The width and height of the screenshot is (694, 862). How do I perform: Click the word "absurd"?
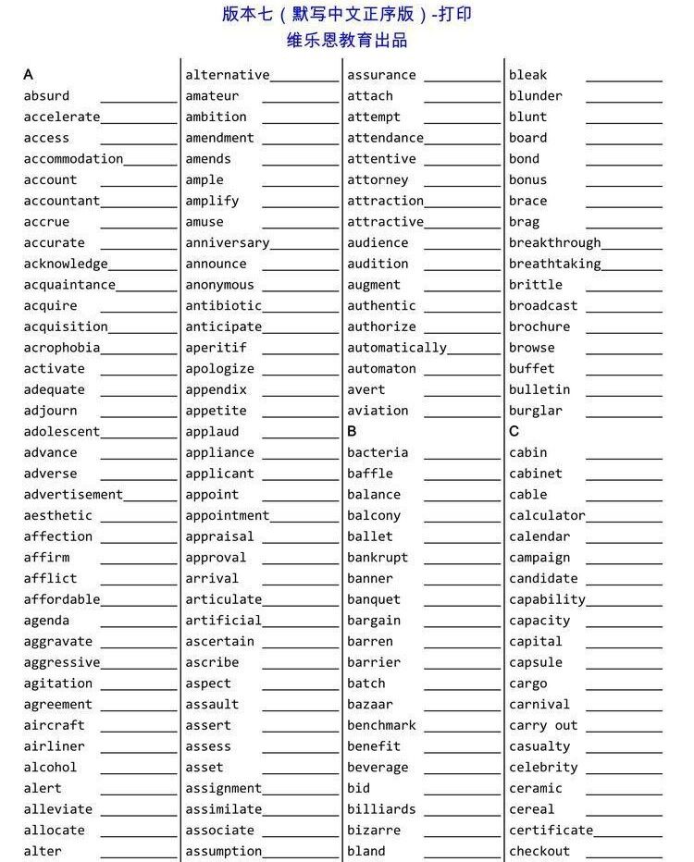pyautogui.click(x=46, y=96)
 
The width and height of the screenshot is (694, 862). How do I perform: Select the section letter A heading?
pyautogui.click(x=29, y=75)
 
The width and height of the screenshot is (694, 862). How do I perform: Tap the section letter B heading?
pyautogui.click(x=352, y=432)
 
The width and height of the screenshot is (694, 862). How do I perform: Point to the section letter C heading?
pyautogui.click(x=514, y=432)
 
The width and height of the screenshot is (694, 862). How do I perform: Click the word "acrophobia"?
pyautogui.click(x=62, y=348)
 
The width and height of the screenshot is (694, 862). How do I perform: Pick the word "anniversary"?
pyautogui.click(x=227, y=243)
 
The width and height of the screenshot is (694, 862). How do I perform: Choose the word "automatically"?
pyautogui.click(x=397, y=348)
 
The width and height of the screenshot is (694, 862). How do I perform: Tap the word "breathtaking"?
pyautogui.click(x=554, y=264)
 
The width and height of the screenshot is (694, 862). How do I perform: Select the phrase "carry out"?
pyautogui.click(x=543, y=726)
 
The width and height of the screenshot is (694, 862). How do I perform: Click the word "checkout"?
pyautogui.click(x=539, y=852)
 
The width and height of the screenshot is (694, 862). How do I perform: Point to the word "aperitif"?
pyautogui.click(x=216, y=348)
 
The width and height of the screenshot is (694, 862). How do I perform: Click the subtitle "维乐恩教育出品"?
pyautogui.click(x=347, y=41)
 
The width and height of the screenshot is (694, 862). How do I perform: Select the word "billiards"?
pyautogui.click(x=381, y=809)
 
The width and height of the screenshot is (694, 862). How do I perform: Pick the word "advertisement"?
pyautogui.click(x=73, y=495)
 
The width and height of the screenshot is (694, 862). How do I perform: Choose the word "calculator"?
pyautogui.click(x=547, y=516)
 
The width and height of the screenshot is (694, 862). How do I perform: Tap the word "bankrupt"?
pyautogui.click(x=378, y=558)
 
